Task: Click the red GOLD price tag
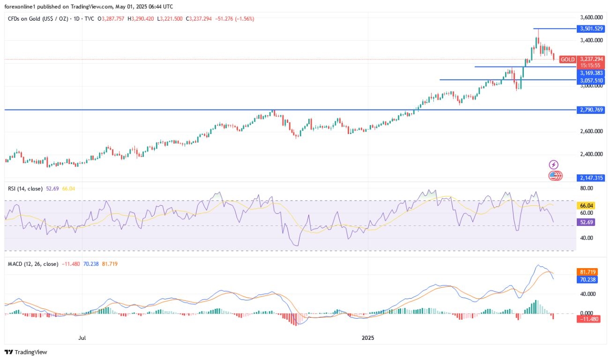coord(568,60)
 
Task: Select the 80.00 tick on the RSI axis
coord(587,188)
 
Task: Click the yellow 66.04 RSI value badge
coord(587,205)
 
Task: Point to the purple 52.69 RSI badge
coord(587,223)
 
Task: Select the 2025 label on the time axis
coord(368,337)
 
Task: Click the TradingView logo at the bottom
coord(26,352)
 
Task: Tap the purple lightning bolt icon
coord(554,165)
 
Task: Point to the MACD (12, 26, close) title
coord(33,264)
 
